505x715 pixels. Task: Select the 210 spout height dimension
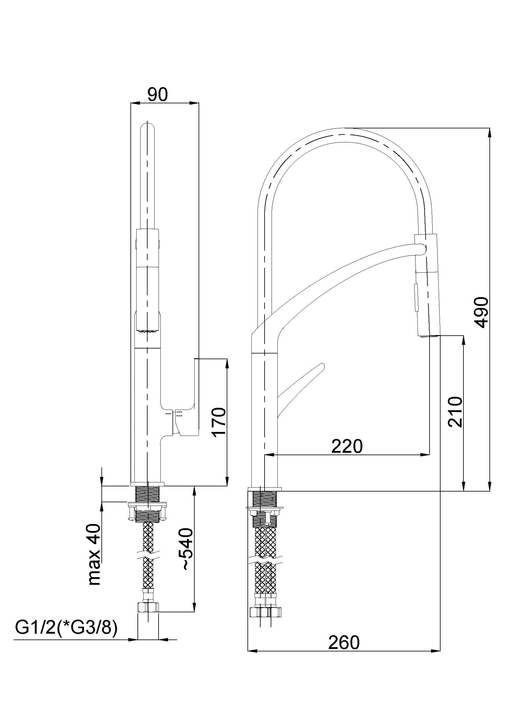(455, 412)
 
